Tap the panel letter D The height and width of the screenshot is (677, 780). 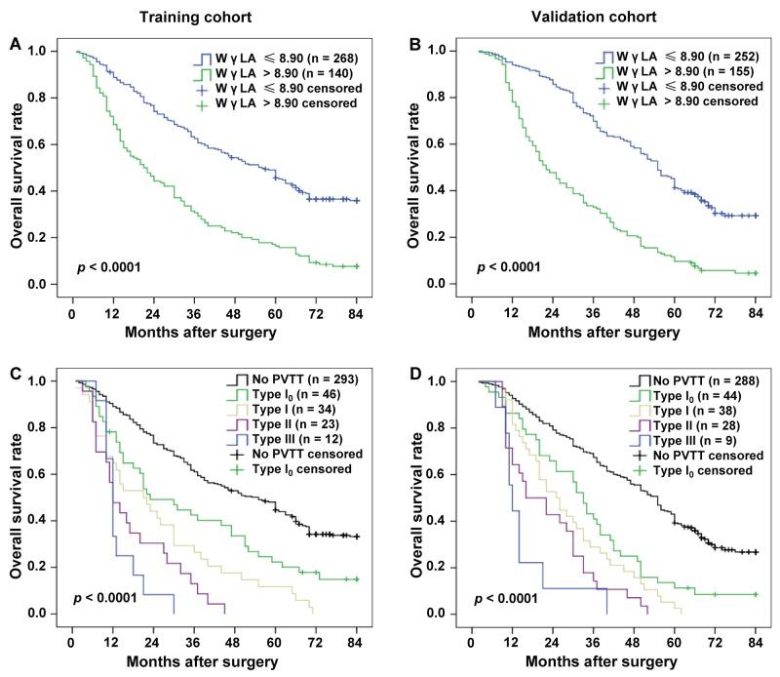(x=412, y=372)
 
